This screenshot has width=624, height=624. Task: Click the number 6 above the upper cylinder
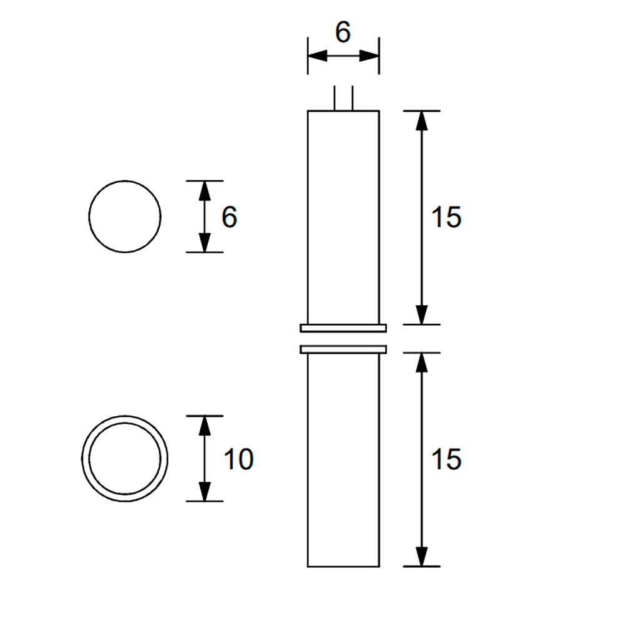pos(343,32)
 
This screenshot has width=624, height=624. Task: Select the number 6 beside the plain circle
pos(230,218)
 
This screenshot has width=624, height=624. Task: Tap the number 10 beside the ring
pos(238,460)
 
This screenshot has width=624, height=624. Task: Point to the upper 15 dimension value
pos(446,218)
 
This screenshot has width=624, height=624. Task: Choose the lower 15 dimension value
pos(446,459)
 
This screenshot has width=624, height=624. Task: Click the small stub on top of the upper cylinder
pos(343,99)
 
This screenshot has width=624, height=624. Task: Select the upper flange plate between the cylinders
pos(343,328)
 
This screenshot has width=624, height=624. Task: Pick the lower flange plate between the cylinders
pos(343,349)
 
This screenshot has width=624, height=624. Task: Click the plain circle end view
pos(125,217)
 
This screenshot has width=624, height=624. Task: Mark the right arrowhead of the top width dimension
pos(370,56)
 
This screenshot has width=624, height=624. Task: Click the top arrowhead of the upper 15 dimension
pos(422,120)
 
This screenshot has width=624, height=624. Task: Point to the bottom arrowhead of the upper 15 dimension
pos(422,315)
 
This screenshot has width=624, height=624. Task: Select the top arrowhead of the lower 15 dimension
pos(422,363)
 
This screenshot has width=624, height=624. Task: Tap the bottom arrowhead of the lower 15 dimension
pos(422,557)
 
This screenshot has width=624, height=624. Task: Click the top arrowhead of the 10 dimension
pos(204,426)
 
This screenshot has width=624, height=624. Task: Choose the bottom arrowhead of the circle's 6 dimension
pos(204,243)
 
